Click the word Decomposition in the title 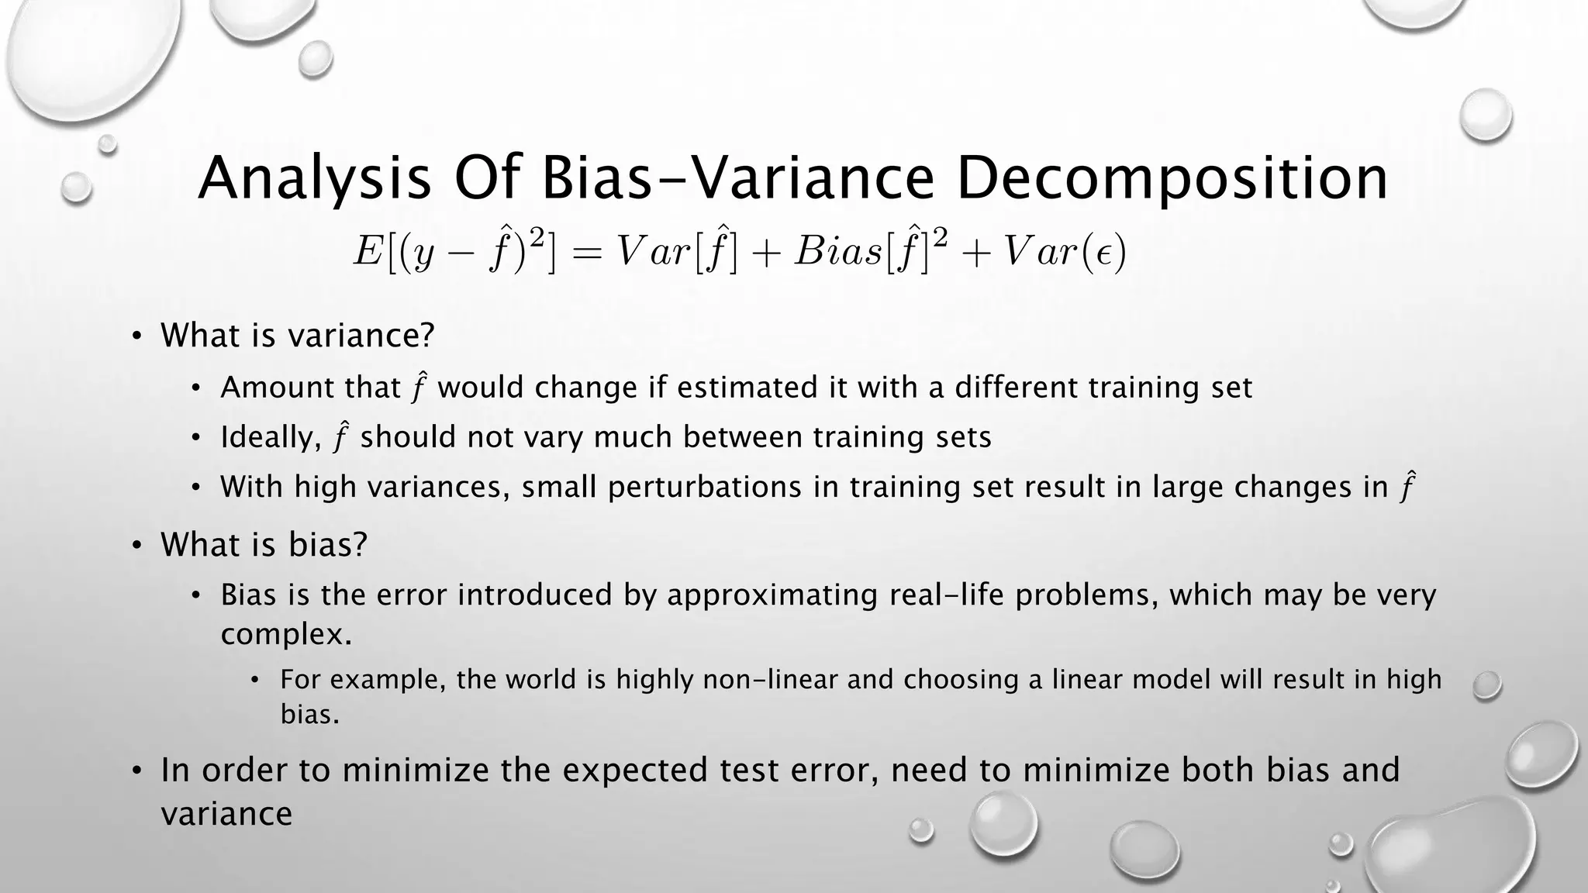click(1171, 179)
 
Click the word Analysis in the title click(314, 179)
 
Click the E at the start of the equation click(367, 251)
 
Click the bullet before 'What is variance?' click(136, 336)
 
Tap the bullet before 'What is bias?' click(136, 546)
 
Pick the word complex click(285, 635)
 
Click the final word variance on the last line click(226, 814)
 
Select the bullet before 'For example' click(257, 681)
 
